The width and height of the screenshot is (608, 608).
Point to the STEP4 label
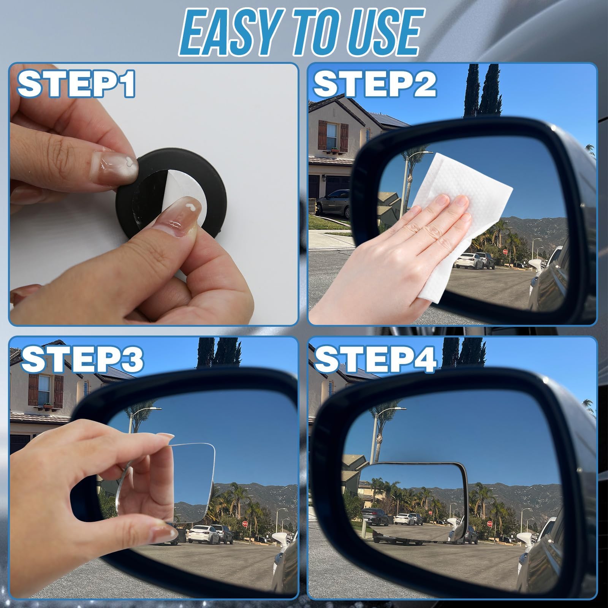click(x=375, y=359)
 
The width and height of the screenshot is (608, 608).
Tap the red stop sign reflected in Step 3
click(x=245, y=523)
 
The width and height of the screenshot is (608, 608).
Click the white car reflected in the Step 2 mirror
click(x=469, y=261)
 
